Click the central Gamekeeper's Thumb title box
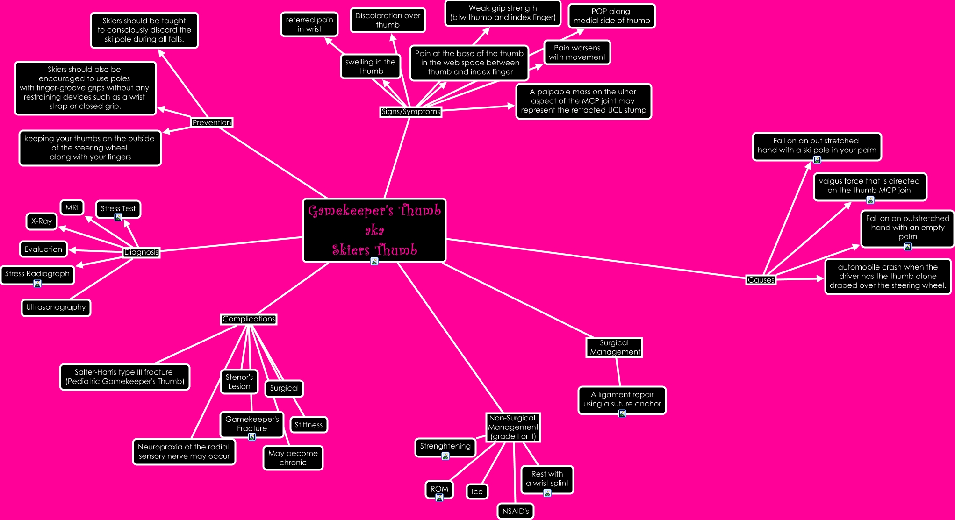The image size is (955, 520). (374, 230)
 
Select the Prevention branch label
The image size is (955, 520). (212, 122)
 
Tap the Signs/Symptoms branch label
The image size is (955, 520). (411, 112)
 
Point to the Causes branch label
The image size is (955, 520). (761, 280)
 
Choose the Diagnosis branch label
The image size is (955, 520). (141, 252)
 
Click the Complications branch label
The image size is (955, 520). (249, 319)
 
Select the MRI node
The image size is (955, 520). (72, 207)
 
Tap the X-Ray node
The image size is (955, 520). (42, 221)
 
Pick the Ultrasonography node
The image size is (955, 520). (56, 307)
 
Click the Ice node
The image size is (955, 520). (477, 492)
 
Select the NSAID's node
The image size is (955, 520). (516, 511)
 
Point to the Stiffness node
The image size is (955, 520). (309, 425)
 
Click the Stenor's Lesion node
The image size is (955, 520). (239, 382)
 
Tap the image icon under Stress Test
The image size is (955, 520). (118, 217)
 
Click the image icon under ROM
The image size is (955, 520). (439, 498)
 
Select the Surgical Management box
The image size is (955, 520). (614, 348)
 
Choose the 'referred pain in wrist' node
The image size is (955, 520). (309, 24)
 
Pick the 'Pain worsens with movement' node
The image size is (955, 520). (577, 52)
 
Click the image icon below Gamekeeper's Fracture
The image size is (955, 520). (252, 437)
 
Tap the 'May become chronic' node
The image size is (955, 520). (293, 458)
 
